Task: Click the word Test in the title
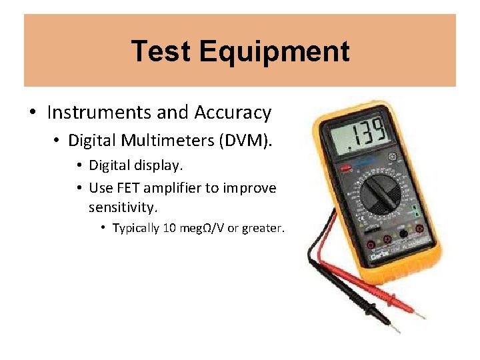coord(160,51)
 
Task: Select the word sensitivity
coord(123,207)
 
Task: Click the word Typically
coord(135,228)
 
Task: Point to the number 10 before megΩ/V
coord(169,228)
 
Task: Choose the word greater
coord(263,228)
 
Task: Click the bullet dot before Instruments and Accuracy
coord(33,113)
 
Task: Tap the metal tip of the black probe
coord(395,328)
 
